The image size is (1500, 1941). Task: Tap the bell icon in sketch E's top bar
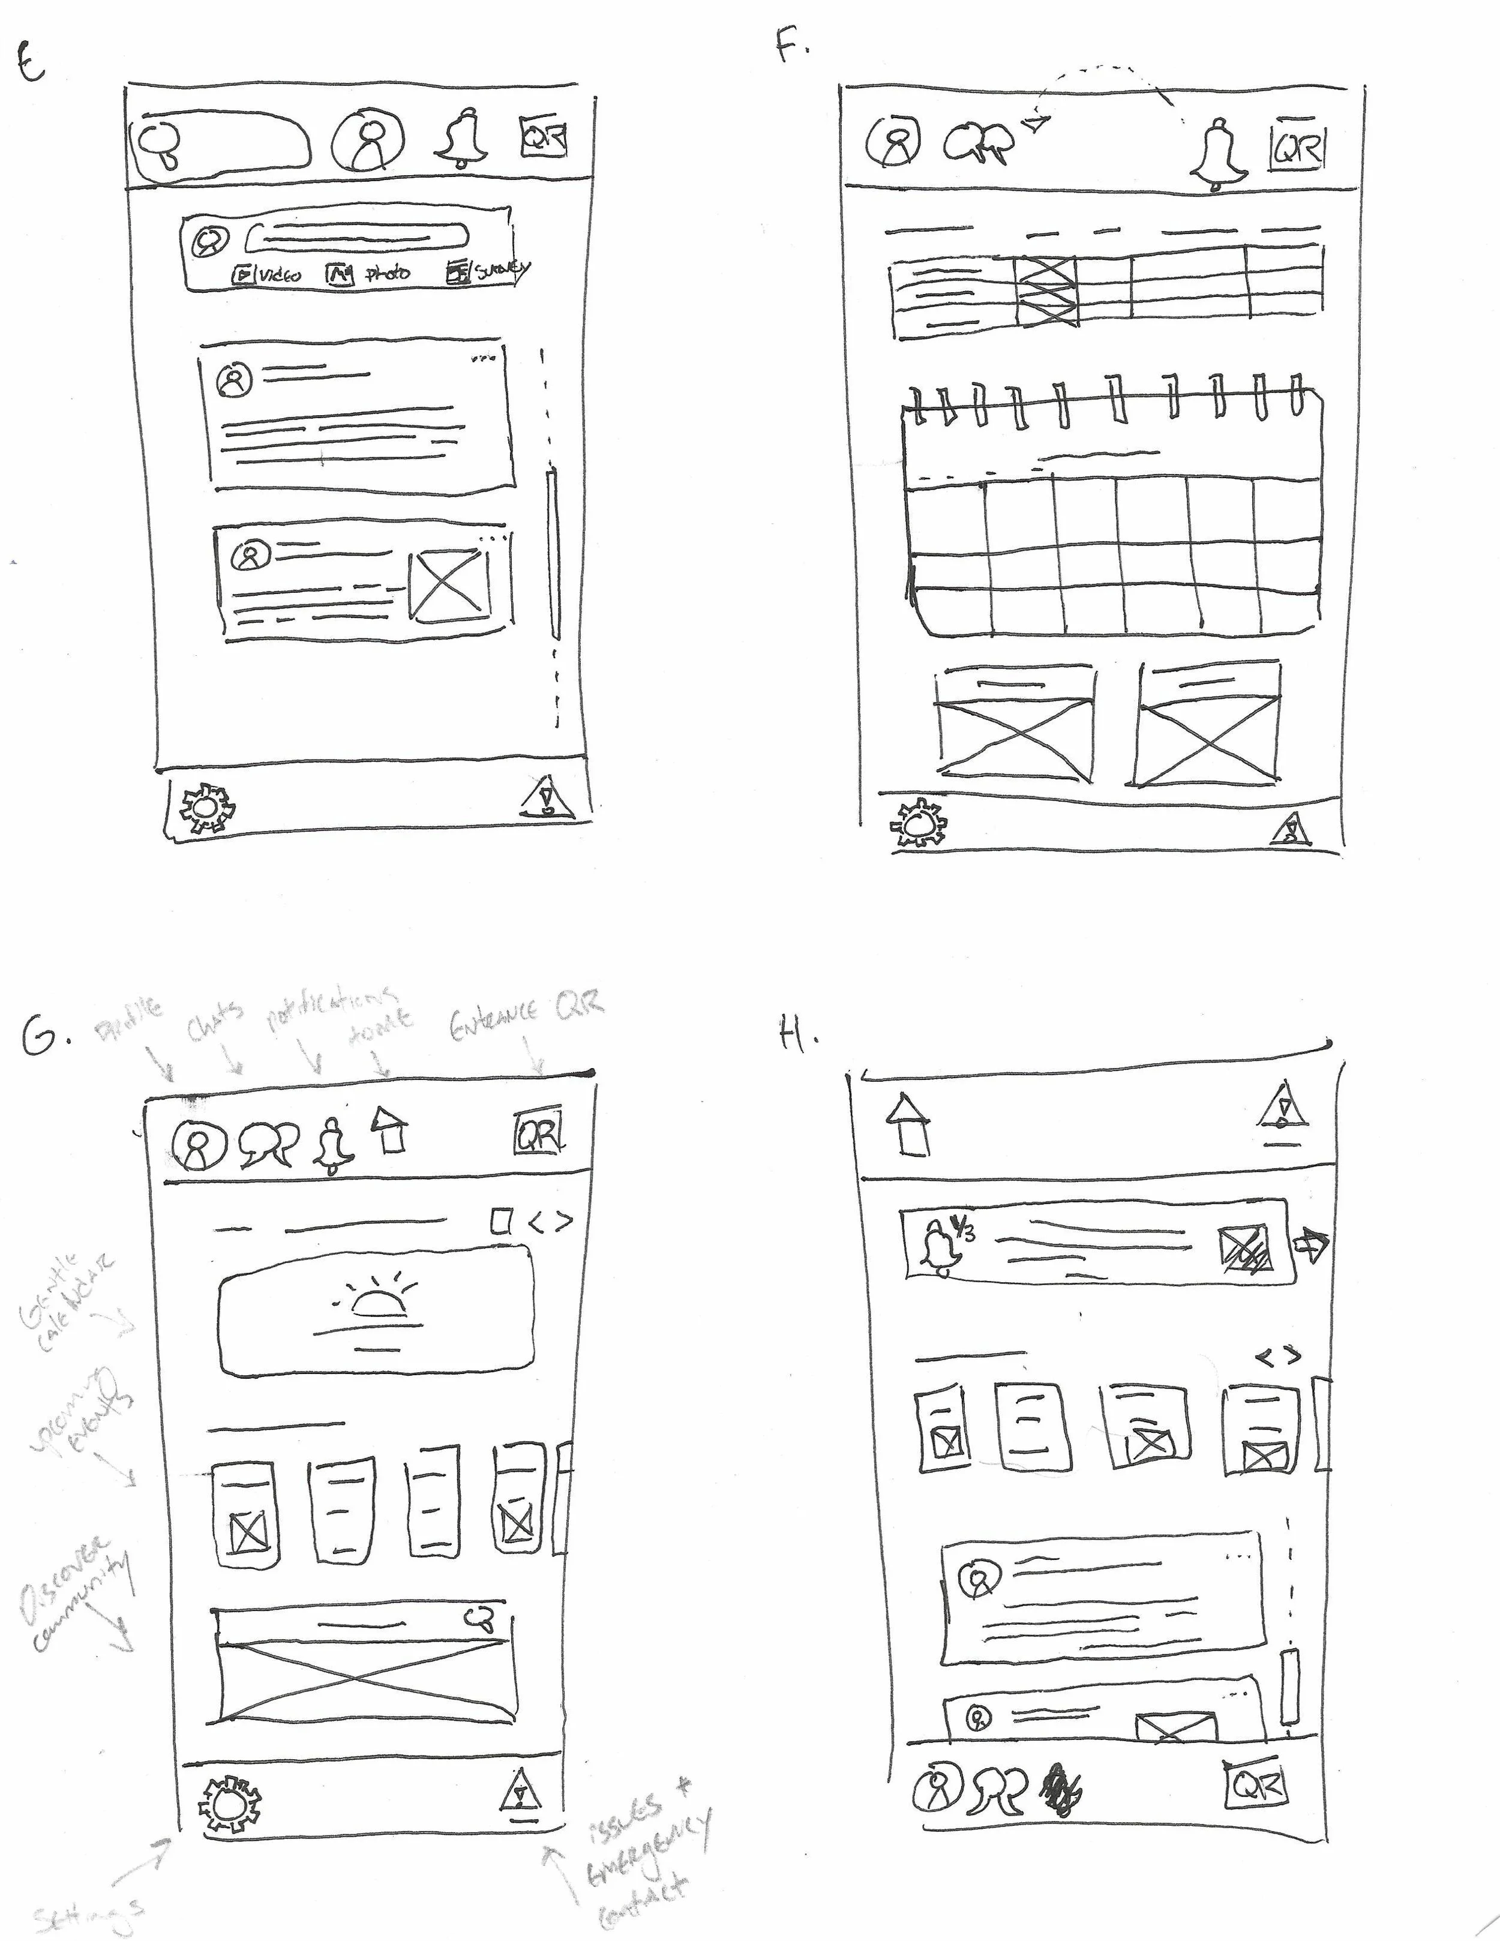[462, 140]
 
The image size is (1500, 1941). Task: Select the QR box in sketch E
[543, 138]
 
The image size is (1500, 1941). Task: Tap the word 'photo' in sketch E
[388, 273]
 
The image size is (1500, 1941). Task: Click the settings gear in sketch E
[209, 807]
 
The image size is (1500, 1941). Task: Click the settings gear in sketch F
[919, 823]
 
